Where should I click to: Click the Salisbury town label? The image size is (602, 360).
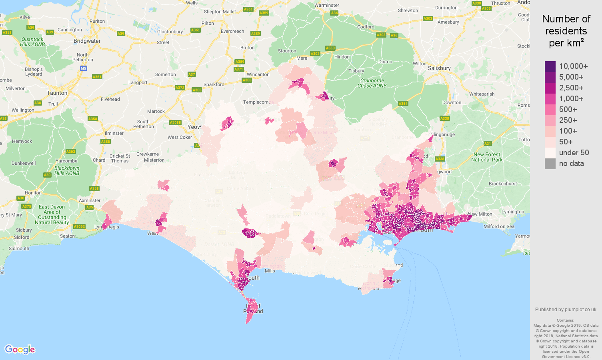[x=439, y=68]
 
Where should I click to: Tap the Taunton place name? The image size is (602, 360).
[x=57, y=93]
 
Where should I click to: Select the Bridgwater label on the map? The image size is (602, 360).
[x=87, y=41]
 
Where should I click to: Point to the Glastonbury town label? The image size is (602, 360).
[x=170, y=32]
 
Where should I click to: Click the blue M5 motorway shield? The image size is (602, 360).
[x=83, y=68]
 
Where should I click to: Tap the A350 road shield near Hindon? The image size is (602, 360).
[x=330, y=48]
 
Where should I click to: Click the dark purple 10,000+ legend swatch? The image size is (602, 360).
[x=550, y=66]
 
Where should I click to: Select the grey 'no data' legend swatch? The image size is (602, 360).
[x=550, y=164]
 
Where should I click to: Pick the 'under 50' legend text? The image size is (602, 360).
[x=574, y=153]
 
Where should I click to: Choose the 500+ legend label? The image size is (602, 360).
[x=568, y=110]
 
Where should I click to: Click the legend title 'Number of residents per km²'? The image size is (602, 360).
[x=566, y=31]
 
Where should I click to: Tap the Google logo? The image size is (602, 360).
[x=20, y=350]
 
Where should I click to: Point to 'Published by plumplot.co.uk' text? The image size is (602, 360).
[x=566, y=310]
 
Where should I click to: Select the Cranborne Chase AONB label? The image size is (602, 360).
[x=372, y=83]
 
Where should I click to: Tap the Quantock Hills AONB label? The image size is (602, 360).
[x=32, y=42]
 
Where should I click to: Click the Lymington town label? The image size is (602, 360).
[x=512, y=212]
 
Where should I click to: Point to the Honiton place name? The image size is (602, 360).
[x=33, y=193]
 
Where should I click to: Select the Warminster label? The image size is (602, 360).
[x=326, y=6]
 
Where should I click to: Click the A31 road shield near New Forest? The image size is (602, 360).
[x=487, y=144]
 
